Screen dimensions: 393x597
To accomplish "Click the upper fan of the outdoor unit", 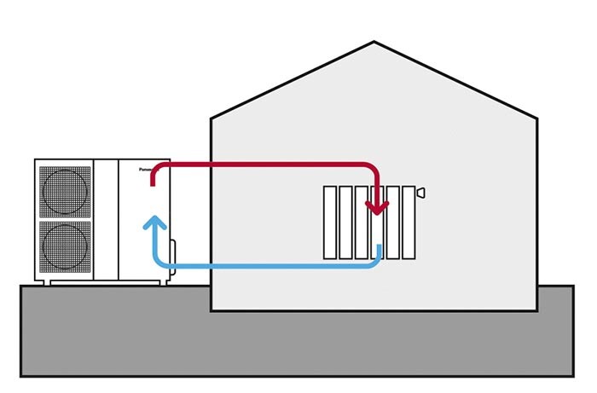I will point(64,190).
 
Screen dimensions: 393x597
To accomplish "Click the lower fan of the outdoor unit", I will point(64,246).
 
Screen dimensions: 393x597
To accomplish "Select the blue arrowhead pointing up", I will point(154,223).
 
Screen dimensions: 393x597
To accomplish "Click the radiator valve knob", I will point(420,194).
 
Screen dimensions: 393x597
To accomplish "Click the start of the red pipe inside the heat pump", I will point(153,180).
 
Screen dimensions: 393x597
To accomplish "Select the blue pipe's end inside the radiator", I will point(377,247).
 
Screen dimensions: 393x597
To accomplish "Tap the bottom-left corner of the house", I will point(212,309).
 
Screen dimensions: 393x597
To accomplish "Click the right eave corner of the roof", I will point(537,117).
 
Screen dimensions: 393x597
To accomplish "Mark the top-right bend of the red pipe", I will point(372,166).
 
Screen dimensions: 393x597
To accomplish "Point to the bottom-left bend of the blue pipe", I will point(157,263).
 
